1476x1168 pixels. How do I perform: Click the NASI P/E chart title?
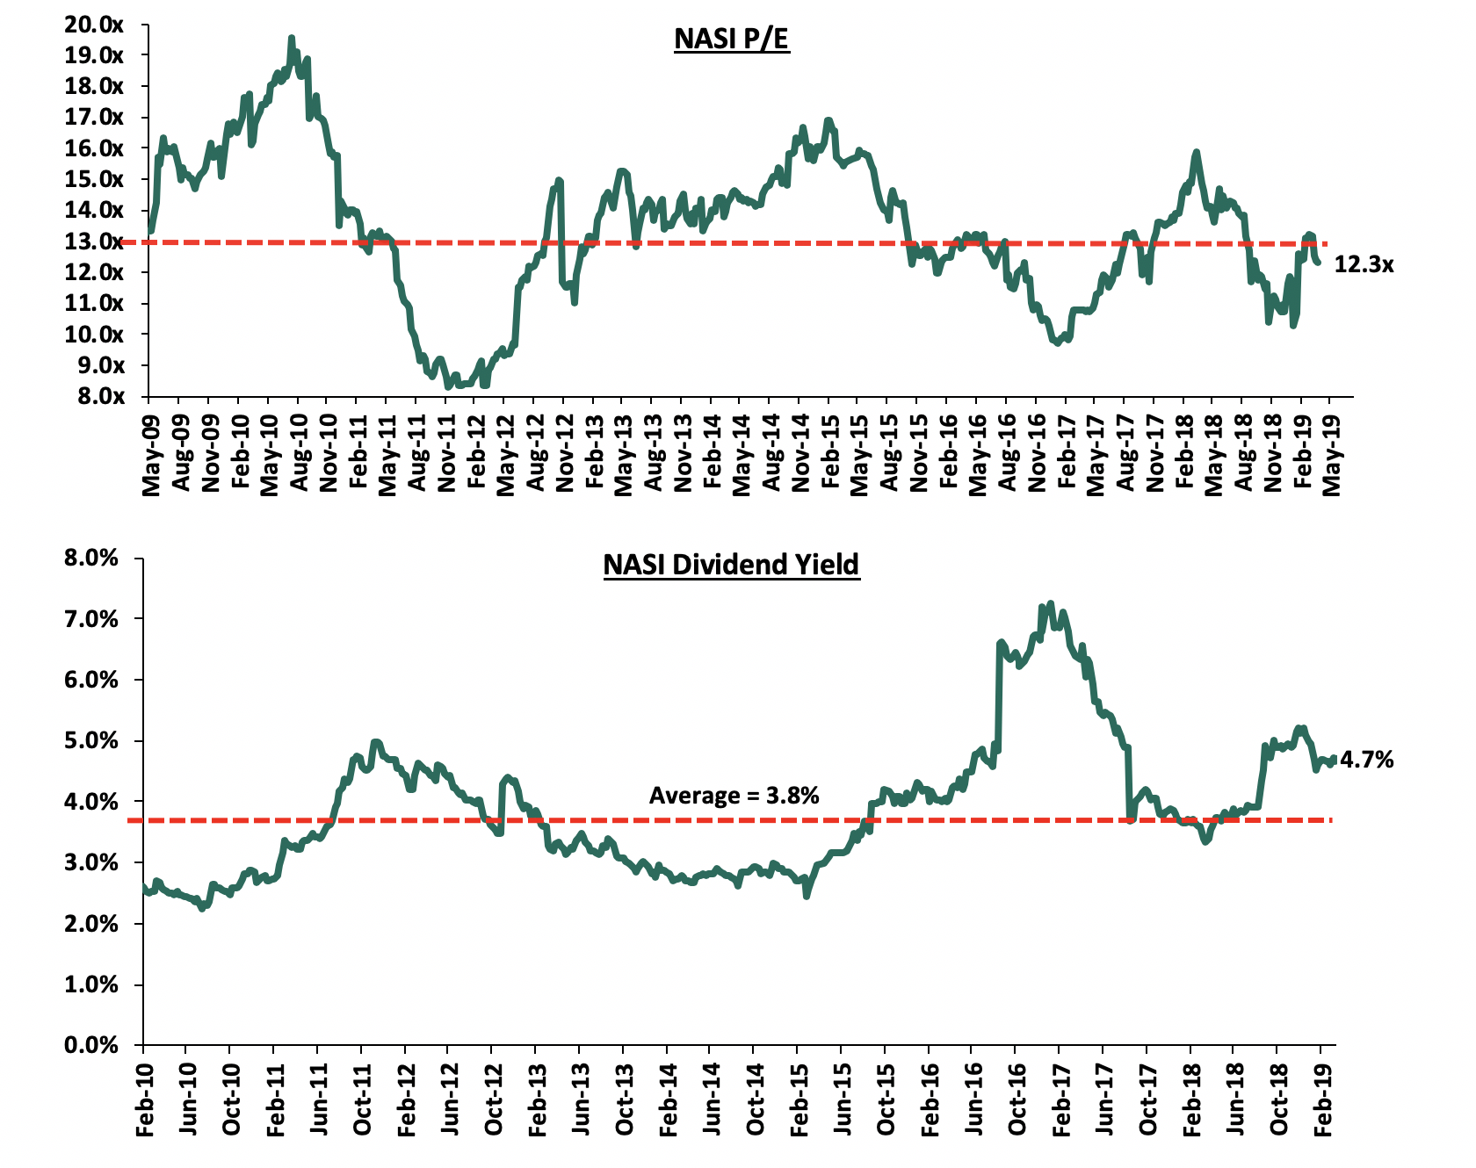click(731, 40)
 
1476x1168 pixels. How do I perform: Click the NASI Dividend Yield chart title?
click(731, 564)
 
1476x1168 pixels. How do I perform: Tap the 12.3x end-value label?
click(1364, 263)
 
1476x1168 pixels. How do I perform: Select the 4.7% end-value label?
click(1366, 760)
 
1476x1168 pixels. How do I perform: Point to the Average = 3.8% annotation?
click(734, 796)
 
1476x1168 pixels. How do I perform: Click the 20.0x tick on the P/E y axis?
click(93, 25)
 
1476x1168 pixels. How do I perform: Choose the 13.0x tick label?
click(93, 241)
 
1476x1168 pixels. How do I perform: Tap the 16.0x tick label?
click(93, 148)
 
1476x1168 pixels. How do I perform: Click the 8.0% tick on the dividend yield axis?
click(89, 558)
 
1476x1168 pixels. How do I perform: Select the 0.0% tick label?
click(89, 1045)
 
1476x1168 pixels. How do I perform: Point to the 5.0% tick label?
click(89, 740)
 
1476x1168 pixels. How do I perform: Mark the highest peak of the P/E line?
click(291, 39)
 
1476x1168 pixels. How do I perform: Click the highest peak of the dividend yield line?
click(1050, 604)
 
